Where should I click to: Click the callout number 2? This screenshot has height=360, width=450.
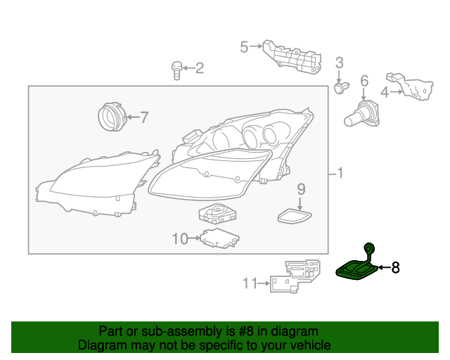click(200, 68)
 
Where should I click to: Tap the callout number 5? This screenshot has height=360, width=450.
click(244, 47)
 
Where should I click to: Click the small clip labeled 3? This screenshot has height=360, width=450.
click(340, 87)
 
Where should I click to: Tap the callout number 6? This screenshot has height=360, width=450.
click(364, 82)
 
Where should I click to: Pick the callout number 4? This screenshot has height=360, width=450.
click(385, 91)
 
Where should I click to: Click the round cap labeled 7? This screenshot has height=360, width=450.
click(110, 117)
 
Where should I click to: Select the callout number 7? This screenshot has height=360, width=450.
click(143, 117)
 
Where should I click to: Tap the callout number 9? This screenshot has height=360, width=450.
click(301, 188)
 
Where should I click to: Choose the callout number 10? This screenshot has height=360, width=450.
click(180, 239)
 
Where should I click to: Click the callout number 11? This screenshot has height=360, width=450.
click(250, 283)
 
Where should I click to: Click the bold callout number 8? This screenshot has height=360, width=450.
click(395, 267)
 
